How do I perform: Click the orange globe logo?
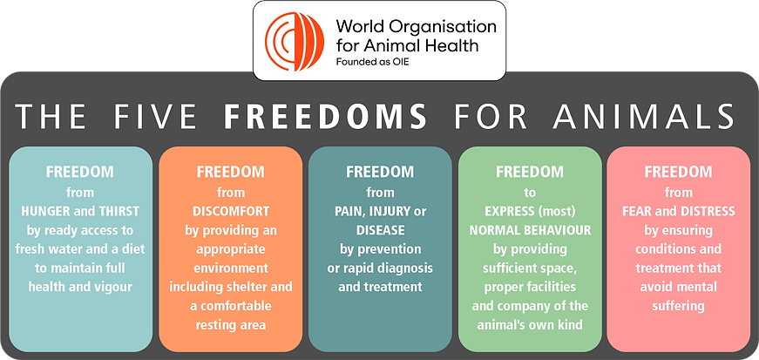pyautogui.click(x=295, y=41)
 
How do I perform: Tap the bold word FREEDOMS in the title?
pyautogui.click(x=325, y=117)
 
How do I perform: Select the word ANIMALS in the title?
pyautogui.click(x=644, y=117)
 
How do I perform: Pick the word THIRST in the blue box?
pyautogui.click(x=120, y=211)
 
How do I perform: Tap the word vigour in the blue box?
pyautogui.click(x=115, y=287)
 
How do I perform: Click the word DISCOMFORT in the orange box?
pyautogui.click(x=230, y=211)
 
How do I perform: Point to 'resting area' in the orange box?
pyautogui.click(x=230, y=324)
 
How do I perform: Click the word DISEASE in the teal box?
pyautogui.click(x=380, y=230)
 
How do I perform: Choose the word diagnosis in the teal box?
pyautogui.click(x=410, y=268)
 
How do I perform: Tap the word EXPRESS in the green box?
pyautogui.click(x=505, y=211)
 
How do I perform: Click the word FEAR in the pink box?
pyautogui.click(x=635, y=211)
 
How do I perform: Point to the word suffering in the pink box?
pyautogui.click(x=679, y=306)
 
